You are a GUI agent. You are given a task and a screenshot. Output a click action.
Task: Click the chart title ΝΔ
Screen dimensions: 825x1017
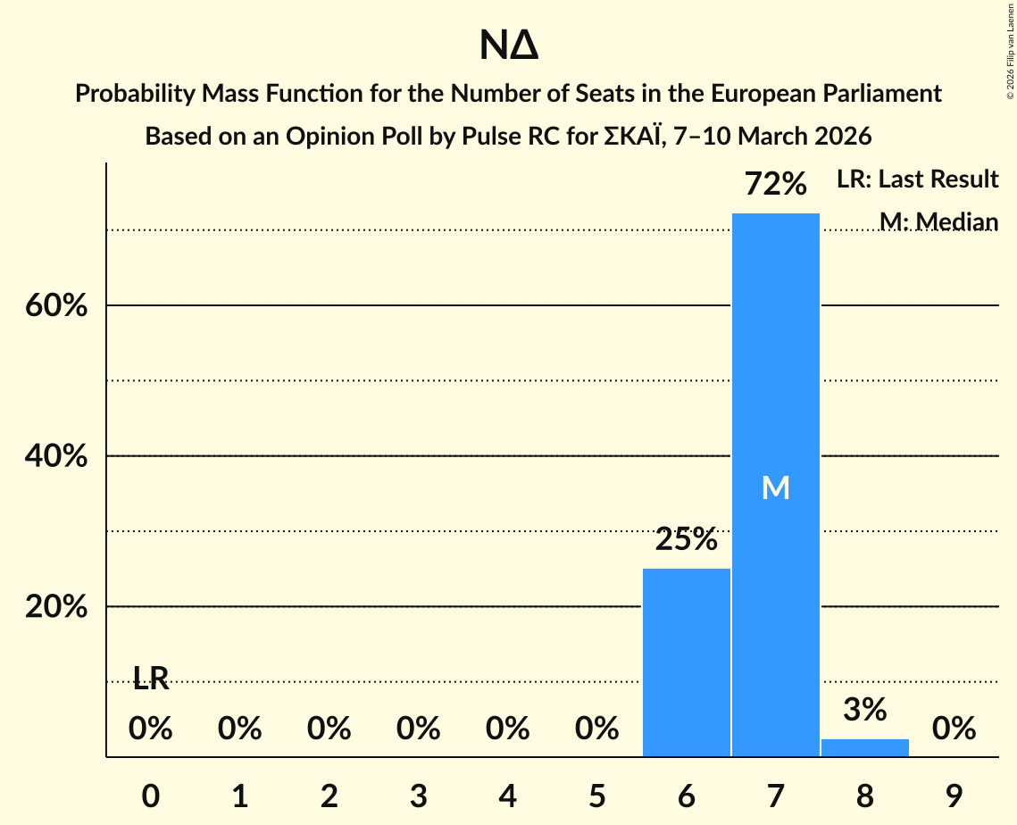coord(508,46)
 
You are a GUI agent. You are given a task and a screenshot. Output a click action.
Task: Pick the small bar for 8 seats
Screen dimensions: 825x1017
coord(864,747)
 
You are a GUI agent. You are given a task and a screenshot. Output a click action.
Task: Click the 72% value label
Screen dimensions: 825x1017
coord(776,185)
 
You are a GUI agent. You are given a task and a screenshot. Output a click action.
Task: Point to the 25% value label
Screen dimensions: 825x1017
coord(686,539)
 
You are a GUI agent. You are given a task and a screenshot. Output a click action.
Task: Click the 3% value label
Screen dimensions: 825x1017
coord(864,710)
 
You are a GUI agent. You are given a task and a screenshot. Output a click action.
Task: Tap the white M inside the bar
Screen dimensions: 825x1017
coord(775,487)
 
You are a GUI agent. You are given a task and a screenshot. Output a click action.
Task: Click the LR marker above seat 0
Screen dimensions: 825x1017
coord(151,679)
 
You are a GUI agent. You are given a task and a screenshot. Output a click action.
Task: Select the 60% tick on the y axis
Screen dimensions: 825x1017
coord(55,306)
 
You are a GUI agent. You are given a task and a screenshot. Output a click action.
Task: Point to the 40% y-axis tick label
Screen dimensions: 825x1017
coord(55,457)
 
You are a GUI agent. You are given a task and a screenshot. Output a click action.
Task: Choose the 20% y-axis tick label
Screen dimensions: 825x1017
coord(55,607)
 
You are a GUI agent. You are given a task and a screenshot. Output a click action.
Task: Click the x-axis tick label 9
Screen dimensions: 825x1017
coord(954,796)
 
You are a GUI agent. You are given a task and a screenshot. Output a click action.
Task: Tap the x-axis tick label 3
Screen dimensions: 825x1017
coord(418,796)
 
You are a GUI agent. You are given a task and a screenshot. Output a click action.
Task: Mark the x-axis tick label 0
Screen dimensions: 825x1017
coord(151,796)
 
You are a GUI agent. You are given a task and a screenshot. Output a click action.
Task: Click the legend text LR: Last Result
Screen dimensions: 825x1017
coord(917,179)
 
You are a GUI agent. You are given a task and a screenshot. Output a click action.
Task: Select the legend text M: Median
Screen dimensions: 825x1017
coord(938,221)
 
